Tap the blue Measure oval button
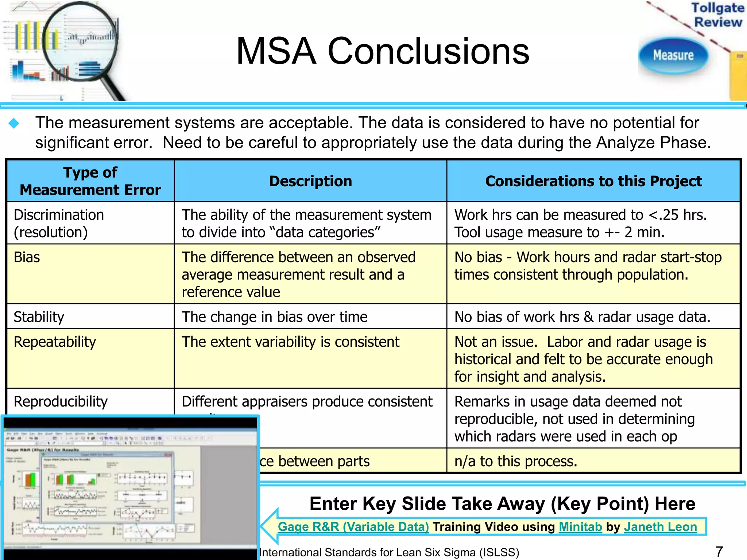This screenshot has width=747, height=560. tap(673, 55)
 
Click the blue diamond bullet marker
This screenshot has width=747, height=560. tap(14, 123)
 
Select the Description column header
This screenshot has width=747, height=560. tap(310, 181)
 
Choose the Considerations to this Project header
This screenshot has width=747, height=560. tap(593, 181)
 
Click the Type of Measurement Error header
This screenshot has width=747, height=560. tap(90, 181)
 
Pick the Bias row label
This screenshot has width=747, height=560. tap(27, 257)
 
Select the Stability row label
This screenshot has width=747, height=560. tap(39, 317)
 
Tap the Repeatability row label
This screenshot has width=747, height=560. tap(55, 342)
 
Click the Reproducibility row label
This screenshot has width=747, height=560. tap(61, 402)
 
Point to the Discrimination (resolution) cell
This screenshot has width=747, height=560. tap(58, 223)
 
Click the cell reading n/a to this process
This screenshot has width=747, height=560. tap(516, 462)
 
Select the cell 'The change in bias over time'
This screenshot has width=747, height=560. tap(274, 317)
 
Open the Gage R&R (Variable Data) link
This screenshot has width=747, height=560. tap(353, 527)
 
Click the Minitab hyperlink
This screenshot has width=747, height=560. tap(580, 527)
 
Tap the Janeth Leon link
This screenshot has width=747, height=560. tap(660, 527)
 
